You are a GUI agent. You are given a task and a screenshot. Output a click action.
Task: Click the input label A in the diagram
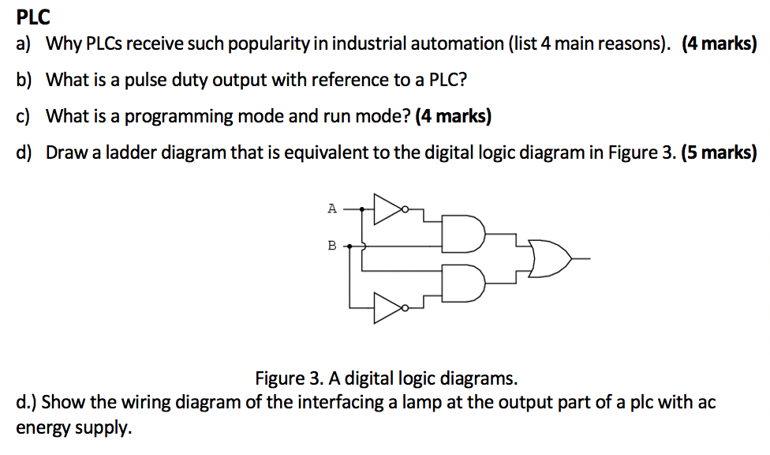click(x=332, y=209)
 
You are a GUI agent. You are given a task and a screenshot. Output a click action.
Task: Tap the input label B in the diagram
click(x=332, y=246)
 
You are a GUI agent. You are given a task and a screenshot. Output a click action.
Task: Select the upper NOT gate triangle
click(x=387, y=209)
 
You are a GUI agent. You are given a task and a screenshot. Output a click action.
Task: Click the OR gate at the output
click(x=551, y=258)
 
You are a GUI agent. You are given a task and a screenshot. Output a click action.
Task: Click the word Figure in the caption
click(x=281, y=377)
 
